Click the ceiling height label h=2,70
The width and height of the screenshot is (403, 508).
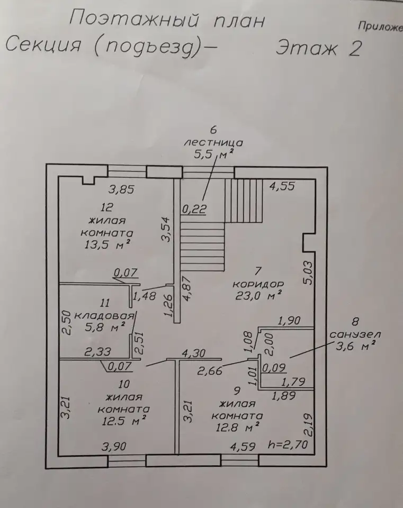(288, 444)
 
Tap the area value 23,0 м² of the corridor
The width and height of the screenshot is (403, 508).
(258, 295)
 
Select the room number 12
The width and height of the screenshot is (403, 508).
(106, 207)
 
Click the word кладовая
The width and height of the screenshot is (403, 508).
(104, 315)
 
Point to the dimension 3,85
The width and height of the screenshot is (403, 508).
(121, 189)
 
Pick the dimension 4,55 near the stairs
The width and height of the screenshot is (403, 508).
(282, 186)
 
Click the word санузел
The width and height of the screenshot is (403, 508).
(355, 334)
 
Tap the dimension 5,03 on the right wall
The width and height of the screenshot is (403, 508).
(308, 273)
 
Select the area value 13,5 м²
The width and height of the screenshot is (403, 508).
(108, 244)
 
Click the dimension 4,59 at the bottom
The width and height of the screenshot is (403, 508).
(243, 447)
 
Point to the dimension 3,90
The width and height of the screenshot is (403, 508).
(114, 447)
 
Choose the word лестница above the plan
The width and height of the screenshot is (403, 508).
(213, 142)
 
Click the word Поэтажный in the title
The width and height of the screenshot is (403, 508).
(134, 19)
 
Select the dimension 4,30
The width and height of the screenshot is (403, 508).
(194, 353)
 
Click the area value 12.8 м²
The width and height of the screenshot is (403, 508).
(238, 428)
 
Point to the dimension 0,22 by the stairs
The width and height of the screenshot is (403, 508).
(194, 209)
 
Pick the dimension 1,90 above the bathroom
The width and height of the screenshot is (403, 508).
(289, 321)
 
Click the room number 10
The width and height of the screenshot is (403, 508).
(124, 384)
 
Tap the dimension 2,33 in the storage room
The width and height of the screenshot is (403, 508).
(97, 351)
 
